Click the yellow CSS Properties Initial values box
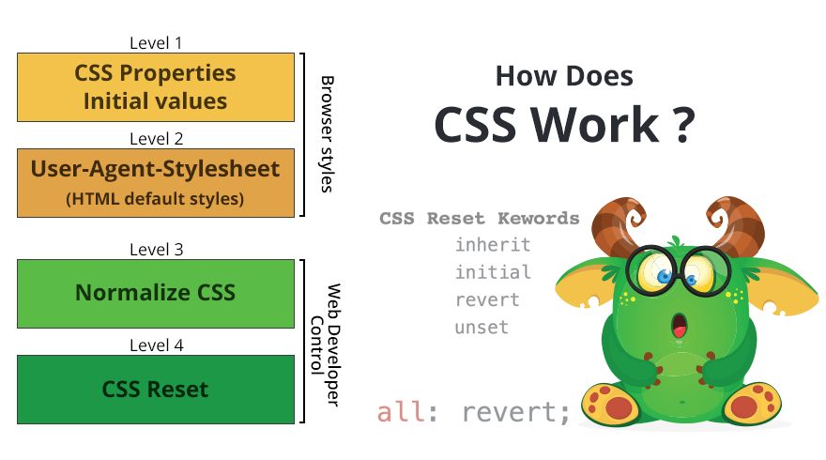point(156,86)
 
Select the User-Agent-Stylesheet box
point(156,182)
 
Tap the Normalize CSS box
point(156,293)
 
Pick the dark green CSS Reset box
point(156,389)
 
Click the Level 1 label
point(156,42)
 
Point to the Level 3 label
point(156,249)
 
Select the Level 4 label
point(156,345)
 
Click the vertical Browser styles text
point(327,134)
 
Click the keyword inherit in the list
point(493,245)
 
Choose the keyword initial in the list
point(493,272)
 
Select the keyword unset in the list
point(482,328)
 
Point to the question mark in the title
point(682,124)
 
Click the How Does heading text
point(564,76)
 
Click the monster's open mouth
point(678,327)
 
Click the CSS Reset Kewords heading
point(480,219)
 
